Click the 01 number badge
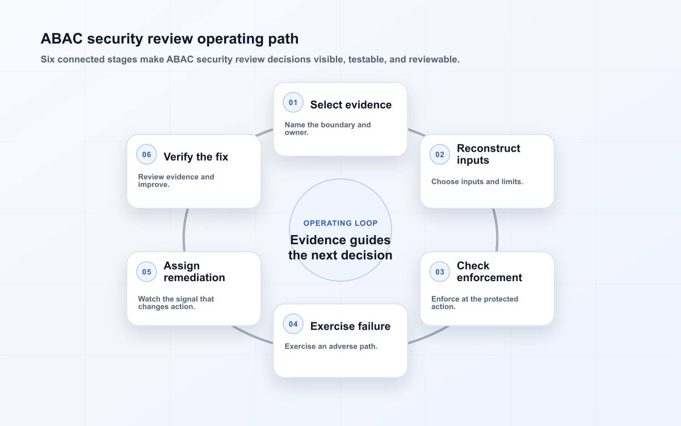[293, 103]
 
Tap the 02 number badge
[440, 154]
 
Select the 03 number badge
[440, 272]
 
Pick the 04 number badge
[293, 324]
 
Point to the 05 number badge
[146, 272]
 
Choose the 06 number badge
[146, 154]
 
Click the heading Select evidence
[351, 105]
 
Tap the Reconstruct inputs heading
[488, 154]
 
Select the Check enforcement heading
[489, 272]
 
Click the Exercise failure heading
[350, 326]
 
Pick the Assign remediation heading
[194, 272]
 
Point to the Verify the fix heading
[196, 157]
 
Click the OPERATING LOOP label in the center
[340, 223]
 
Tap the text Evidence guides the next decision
[340, 248]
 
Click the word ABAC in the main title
[62, 39]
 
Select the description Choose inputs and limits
[477, 182]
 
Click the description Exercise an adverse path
[331, 346]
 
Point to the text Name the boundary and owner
[328, 129]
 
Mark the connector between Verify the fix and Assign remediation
[184, 231]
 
